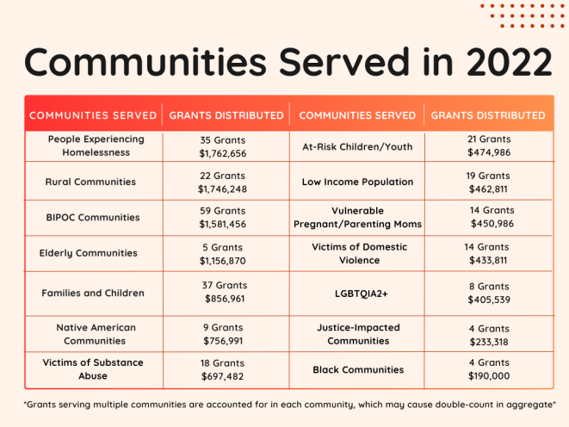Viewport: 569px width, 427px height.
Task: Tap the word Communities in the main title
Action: point(145,62)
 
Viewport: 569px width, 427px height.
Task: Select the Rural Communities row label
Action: point(90,182)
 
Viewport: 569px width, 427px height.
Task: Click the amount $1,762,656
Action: point(223,153)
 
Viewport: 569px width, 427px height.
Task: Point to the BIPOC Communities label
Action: point(93,217)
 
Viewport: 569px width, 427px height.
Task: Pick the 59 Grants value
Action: point(223,211)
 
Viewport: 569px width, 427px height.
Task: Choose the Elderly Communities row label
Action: point(89,253)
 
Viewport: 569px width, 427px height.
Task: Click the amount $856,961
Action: point(225,299)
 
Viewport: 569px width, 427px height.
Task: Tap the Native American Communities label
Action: point(96,334)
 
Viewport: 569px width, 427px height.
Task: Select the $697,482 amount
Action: point(222,376)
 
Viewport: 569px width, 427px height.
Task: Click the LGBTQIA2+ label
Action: point(362,294)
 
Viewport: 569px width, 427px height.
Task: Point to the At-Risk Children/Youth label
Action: point(357,147)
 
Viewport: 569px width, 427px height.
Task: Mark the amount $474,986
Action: point(489,152)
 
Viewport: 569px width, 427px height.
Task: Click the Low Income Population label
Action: point(357,182)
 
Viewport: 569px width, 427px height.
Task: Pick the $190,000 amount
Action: point(489,376)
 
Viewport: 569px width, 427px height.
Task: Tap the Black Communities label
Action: point(358,369)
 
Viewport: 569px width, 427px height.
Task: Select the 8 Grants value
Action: point(489,286)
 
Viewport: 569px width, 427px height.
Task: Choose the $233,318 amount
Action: point(489,342)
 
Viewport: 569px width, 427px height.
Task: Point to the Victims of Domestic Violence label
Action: point(359,253)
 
